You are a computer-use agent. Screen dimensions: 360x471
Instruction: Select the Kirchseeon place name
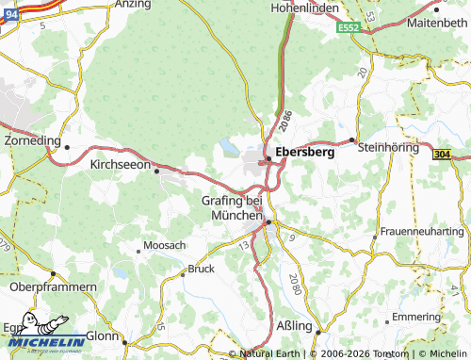120,163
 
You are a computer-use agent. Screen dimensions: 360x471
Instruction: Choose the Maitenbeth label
435,21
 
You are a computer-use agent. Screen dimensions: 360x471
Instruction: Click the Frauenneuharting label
421,231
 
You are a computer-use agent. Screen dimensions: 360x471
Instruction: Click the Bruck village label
202,269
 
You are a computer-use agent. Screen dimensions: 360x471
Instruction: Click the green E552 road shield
350,30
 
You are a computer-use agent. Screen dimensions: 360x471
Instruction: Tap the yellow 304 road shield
443,154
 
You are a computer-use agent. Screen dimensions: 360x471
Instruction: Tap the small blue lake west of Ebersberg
230,147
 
